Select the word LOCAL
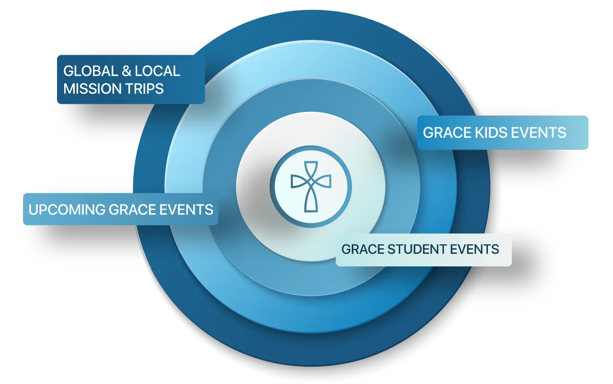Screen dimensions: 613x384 (x=157, y=71)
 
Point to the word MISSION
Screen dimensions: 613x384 (x=92, y=89)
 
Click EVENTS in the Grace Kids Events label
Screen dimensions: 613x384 (x=539, y=132)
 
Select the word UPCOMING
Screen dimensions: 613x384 (x=67, y=209)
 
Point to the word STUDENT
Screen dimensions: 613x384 (x=415, y=250)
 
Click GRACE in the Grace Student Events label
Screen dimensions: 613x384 (x=362, y=250)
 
